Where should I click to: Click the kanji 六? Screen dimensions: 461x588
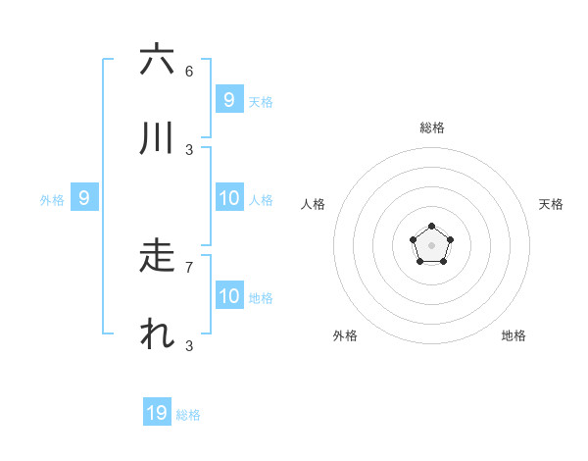(157, 60)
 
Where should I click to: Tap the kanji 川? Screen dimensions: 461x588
(157, 138)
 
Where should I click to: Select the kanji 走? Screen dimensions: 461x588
(157, 256)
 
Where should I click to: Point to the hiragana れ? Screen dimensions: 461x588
(157, 334)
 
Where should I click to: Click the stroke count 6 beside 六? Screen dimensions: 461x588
(189, 71)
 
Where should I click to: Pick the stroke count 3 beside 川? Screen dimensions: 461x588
(189, 149)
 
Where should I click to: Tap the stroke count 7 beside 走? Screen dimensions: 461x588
(189, 267)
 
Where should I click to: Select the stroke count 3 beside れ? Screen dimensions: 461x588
(189, 345)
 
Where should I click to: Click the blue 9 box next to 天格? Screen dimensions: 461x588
(229, 100)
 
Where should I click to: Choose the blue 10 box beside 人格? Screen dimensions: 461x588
(229, 198)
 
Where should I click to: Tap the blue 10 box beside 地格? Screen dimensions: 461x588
(229, 296)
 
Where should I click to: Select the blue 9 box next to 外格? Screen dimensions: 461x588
(84, 198)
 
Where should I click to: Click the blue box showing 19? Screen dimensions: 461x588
(157, 413)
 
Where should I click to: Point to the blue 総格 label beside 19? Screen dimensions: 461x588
(188, 415)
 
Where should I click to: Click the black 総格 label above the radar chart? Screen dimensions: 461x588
(432, 128)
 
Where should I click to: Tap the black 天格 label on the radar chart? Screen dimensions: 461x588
(551, 204)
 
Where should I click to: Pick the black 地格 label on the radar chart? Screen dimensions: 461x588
(514, 335)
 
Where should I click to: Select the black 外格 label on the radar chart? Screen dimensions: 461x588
(345, 335)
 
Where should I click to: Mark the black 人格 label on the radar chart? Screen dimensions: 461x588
(314, 204)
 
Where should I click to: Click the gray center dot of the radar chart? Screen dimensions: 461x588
(431, 245)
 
